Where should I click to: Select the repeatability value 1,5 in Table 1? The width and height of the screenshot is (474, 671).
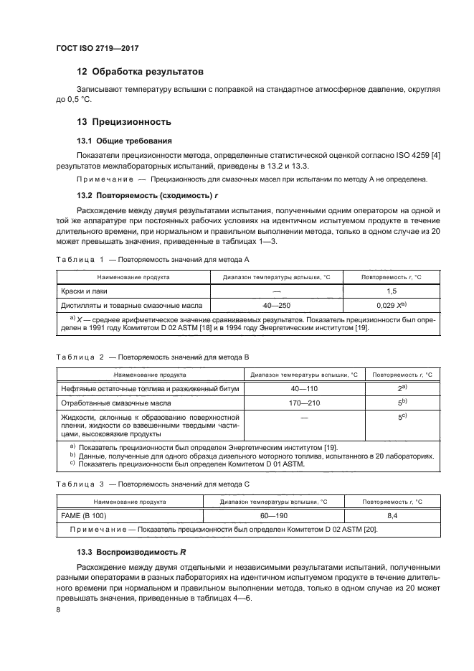(391, 291)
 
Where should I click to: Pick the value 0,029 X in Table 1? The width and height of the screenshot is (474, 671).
(391, 305)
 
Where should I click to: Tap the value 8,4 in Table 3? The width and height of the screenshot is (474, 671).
(392, 515)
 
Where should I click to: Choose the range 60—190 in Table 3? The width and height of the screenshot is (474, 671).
(273, 515)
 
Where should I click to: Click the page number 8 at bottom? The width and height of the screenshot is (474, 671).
(58, 609)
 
